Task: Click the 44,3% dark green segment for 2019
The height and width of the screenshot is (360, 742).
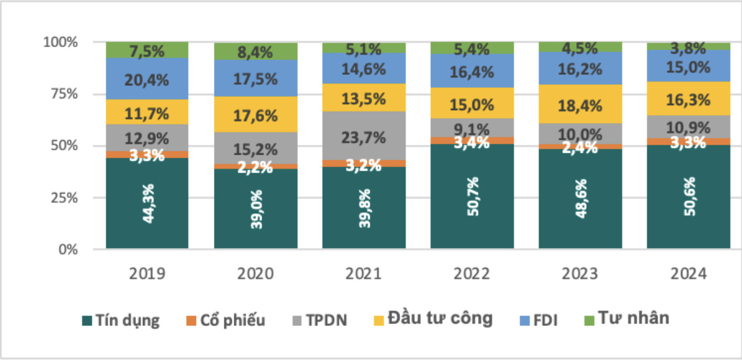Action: tap(147, 204)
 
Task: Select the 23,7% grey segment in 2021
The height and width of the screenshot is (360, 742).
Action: tap(364, 135)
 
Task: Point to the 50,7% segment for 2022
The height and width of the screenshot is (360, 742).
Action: tap(472, 197)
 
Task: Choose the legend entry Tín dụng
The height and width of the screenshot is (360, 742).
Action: tap(121, 320)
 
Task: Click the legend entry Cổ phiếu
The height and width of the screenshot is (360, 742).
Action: tap(225, 320)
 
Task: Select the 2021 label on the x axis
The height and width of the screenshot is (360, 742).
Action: tap(364, 273)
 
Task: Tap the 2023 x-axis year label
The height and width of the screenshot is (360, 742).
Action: tap(580, 273)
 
